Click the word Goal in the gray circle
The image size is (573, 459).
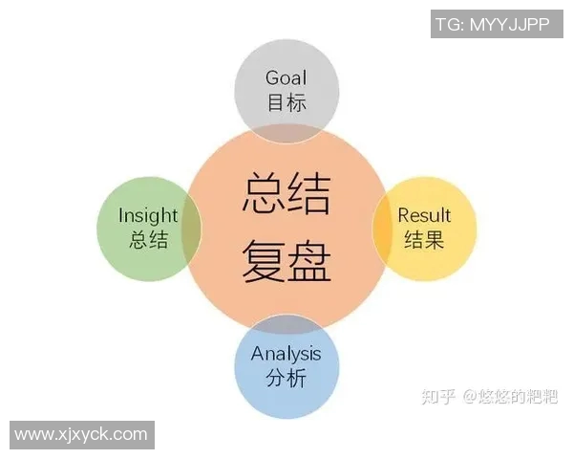(x=286, y=77)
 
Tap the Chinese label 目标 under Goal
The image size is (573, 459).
(x=286, y=102)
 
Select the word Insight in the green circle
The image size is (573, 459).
(x=148, y=215)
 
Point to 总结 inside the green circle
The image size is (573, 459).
(x=148, y=240)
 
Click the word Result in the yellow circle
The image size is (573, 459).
(x=424, y=215)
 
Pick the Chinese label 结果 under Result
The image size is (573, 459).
(x=424, y=240)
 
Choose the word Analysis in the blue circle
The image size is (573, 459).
(x=286, y=354)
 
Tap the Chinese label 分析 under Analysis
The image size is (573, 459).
(x=286, y=379)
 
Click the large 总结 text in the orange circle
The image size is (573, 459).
(x=286, y=192)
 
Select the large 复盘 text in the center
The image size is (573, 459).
(x=286, y=259)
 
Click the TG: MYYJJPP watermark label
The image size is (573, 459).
(x=493, y=24)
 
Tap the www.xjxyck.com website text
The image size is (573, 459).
(x=81, y=434)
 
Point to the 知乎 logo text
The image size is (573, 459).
(x=437, y=395)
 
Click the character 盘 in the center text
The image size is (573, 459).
(x=310, y=259)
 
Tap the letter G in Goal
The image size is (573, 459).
(x=272, y=77)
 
